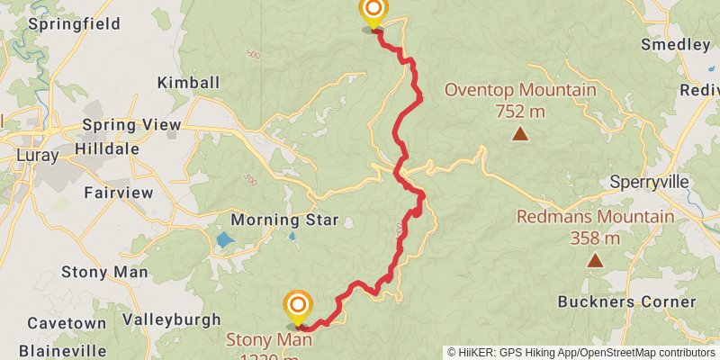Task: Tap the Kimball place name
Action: [x=188, y=83]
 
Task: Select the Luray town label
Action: [x=37, y=156]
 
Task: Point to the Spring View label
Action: [x=131, y=125]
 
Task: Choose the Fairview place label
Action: [x=114, y=192]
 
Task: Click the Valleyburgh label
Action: [x=171, y=319]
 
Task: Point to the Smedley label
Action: [x=675, y=44]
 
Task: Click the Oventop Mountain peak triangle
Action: [x=519, y=134]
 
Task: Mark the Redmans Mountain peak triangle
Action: [x=594, y=261]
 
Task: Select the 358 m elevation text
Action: [x=594, y=238]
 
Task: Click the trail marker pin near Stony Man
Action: [x=297, y=308]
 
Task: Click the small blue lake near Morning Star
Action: [x=222, y=241]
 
